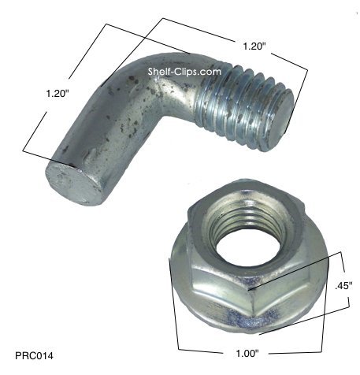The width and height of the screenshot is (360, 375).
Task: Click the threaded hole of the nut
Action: tap(246, 232)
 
